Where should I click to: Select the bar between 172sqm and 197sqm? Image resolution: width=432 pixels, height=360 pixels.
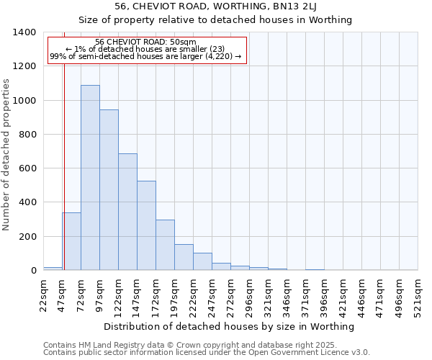[165, 245]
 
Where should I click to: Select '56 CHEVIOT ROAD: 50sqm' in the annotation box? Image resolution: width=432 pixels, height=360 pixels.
[145, 42]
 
